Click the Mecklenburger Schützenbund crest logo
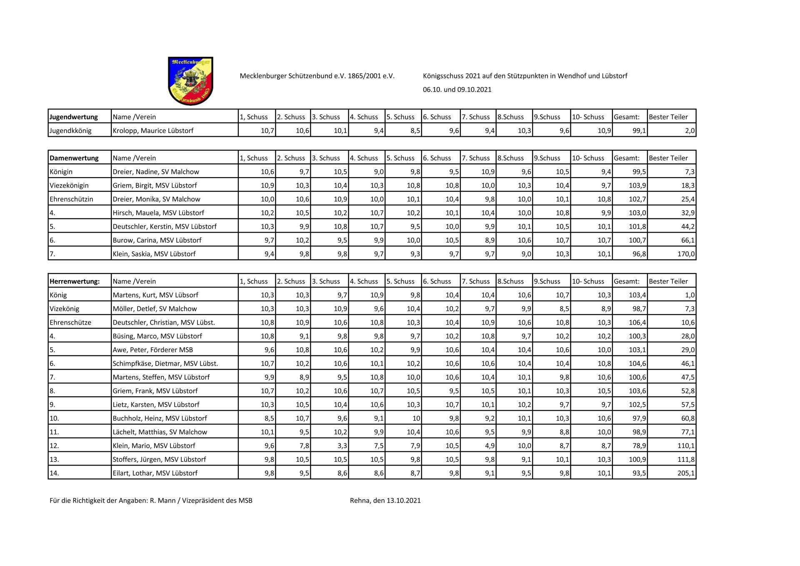(190, 81)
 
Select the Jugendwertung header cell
(74, 117)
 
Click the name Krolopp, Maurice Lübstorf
(153, 131)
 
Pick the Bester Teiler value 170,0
(686, 254)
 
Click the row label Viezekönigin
(69, 185)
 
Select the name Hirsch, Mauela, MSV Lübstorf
(158, 213)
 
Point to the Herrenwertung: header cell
(75, 281)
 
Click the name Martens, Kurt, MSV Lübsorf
(155, 295)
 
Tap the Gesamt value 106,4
(637, 323)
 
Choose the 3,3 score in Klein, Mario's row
(342, 446)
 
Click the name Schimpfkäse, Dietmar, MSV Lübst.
(165, 363)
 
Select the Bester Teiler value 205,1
(686, 473)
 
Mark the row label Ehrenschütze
(70, 323)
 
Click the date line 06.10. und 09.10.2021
(457, 90)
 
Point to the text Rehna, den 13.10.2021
(385, 501)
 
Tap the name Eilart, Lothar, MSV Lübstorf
(155, 473)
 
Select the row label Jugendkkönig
(70, 131)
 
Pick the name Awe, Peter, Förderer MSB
(153, 350)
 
